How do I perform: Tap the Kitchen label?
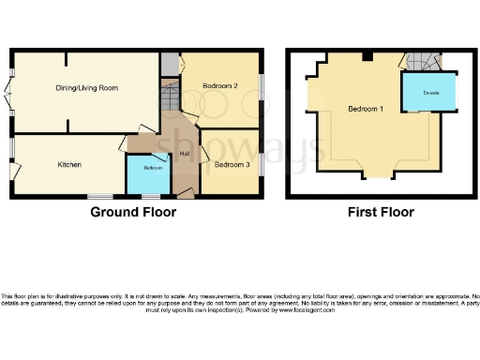click(x=69, y=165)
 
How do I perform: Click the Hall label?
click(x=185, y=154)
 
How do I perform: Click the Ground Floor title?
click(x=133, y=213)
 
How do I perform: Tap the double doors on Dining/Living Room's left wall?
click(x=10, y=93)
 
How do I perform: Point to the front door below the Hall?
click(x=186, y=195)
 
